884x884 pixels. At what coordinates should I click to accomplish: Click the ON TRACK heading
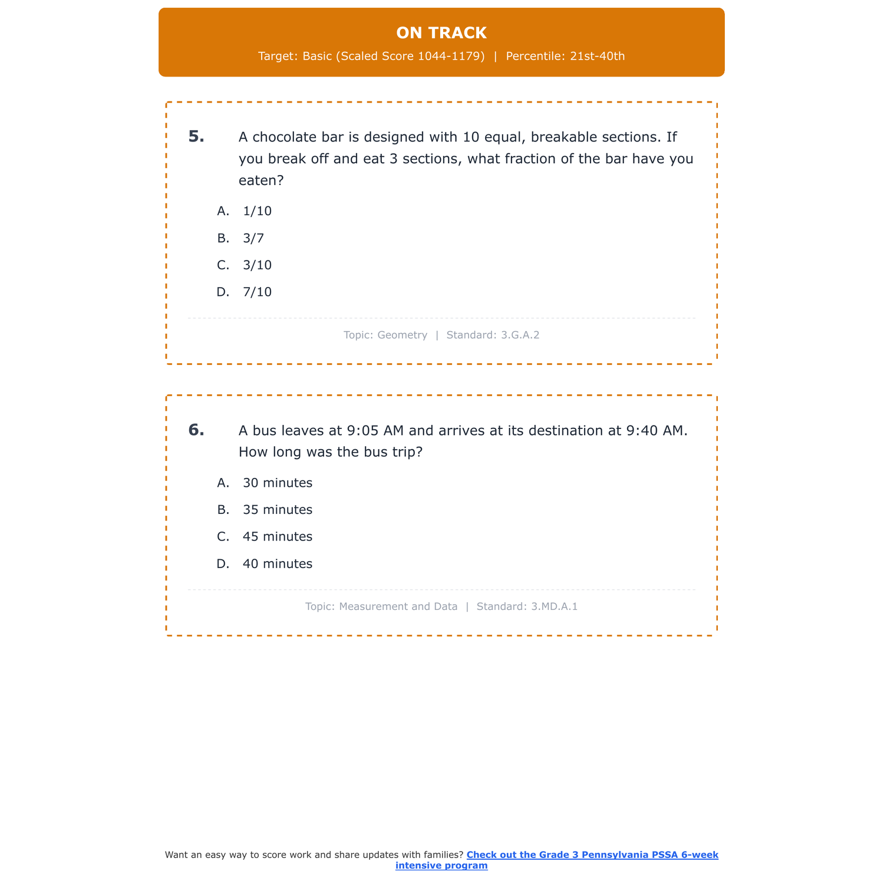coord(441,33)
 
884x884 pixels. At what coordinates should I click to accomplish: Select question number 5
coord(196,137)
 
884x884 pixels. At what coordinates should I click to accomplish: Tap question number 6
coord(196,430)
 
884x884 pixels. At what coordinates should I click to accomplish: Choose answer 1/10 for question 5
coord(257,211)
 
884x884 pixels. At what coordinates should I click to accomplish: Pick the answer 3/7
coord(253,238)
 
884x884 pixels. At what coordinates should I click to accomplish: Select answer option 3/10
coord(257,265)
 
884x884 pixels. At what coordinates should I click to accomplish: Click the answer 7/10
coord(257,292)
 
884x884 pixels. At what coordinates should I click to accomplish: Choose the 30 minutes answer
coord(277,483)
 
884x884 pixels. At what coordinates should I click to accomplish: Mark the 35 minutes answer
coord(277,510)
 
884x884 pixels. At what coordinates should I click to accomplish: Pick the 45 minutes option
coord(277,537)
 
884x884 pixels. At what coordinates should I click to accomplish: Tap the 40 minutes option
coord(277,564)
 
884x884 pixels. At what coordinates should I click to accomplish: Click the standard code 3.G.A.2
coord(520,335)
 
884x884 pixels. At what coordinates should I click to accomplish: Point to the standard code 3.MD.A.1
coord(554,606)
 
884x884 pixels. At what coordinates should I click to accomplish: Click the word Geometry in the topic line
coord(402,335)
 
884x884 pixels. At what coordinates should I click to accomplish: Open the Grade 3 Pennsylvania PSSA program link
coord(592,855)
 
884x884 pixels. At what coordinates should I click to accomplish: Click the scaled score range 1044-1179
coord(451,57)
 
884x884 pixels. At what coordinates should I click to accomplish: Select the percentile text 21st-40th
coord(597,57)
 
